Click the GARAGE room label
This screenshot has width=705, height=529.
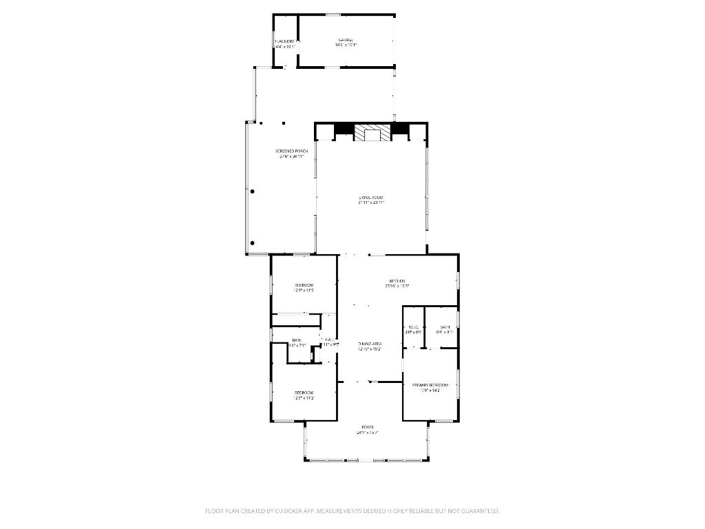[x=346, y=39]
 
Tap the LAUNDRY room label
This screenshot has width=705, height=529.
[x=285, y=41]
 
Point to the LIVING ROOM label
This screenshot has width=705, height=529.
[x=371, y=197]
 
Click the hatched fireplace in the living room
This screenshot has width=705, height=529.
[x=372, y=132]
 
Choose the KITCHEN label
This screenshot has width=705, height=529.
[x=397, y=280]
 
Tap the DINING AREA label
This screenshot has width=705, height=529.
[x=370, y=343]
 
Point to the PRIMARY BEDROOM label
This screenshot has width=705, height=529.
[x=430, y=384]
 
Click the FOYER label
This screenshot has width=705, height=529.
[x=368, y=427]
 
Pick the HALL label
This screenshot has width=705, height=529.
[x=330, y=339]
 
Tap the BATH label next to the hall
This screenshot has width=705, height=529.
[x=297, y=340]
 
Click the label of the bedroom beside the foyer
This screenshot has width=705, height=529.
[x=304, y=393]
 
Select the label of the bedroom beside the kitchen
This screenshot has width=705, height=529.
[x=304, y=284]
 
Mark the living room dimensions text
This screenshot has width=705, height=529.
[x=371, y=203]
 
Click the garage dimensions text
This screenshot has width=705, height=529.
[x=346, y=45]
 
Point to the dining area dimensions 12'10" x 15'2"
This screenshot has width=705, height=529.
[x=370, y=349]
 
